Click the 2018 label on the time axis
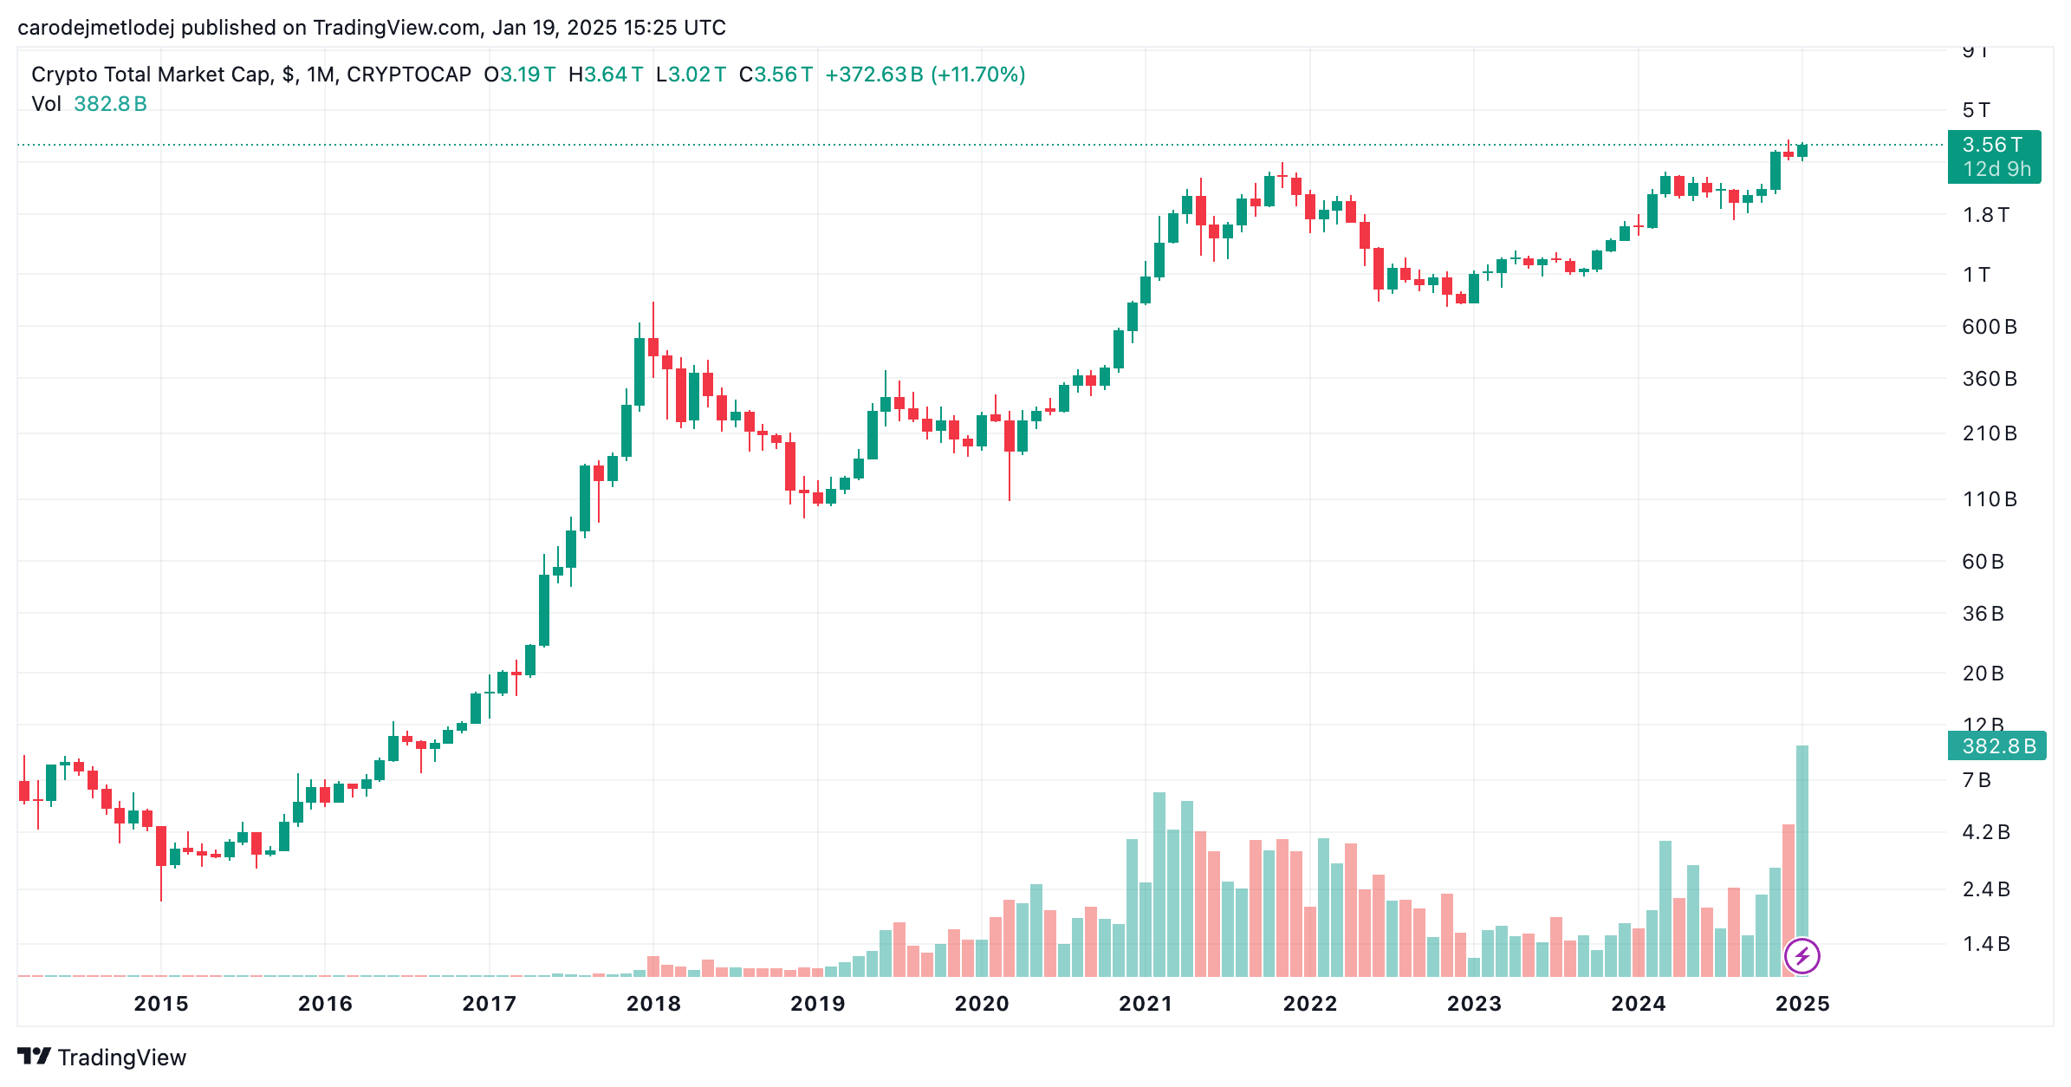point(653,1004)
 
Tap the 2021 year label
point(1146,1004)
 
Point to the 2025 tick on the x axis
point(1802,1004)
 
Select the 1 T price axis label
point(1977,275)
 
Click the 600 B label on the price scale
point(1990,327)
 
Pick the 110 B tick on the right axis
point(1990,499)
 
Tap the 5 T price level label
point(1977,110)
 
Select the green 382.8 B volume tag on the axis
point(1997,746)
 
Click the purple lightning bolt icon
point(1802,956)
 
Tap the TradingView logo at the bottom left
point(102,1058)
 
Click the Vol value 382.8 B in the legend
point(110,104)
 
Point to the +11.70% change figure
point(978,75)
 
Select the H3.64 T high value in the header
point(606,75)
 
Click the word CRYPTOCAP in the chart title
point(409,75)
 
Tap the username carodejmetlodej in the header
point(96,28)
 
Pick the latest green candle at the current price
point(1802,151)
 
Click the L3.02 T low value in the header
point(691,75)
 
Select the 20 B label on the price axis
point(1983,674)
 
